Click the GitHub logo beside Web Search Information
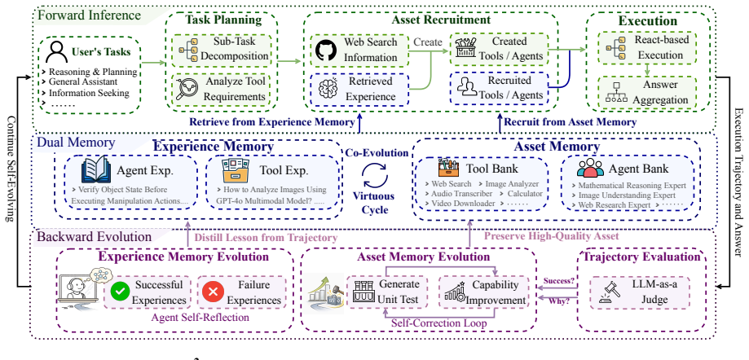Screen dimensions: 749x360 tap(326, 50)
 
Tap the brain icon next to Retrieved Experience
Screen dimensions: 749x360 tap(328, 88)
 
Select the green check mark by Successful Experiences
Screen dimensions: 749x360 tap(120, 292)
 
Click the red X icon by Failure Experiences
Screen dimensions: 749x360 tap(213, 292)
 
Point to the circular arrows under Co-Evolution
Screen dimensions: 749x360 tap(375, 175)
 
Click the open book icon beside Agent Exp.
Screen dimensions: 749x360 tap(96, 170)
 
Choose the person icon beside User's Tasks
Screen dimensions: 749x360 tap(56, 52)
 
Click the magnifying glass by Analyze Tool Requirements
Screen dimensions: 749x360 tap(187, 89)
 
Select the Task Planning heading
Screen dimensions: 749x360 tap(223, 20)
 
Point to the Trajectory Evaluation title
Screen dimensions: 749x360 tap(642, 257)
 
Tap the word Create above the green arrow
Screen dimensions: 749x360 tap(428, 42)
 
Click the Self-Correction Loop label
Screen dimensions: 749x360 tap(439, 323)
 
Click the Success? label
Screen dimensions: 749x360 tap(559, 281)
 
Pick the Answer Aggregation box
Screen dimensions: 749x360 tap(647, 93)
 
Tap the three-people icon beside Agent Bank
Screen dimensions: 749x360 tap(590, 168)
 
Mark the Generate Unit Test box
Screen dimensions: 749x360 tap(386, 292)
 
